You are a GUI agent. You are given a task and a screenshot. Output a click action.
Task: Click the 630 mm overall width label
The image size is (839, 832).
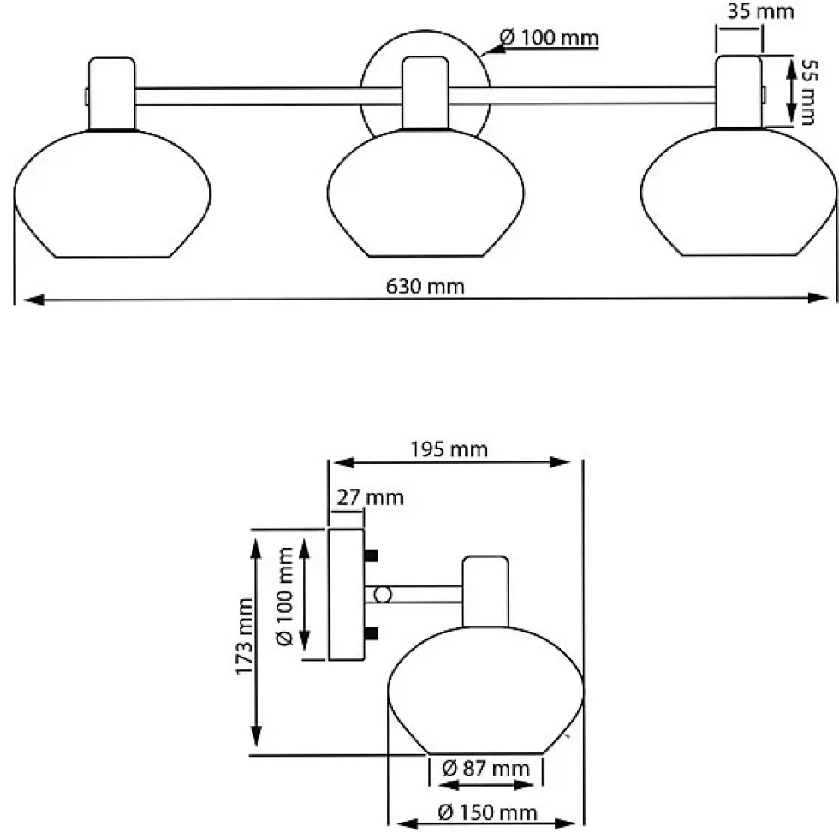425,287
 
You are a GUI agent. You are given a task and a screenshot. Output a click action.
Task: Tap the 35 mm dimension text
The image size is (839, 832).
760,11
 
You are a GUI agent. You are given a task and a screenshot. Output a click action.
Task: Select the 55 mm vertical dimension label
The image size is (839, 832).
808,92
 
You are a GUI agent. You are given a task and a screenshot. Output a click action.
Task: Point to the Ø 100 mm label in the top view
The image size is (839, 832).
549,38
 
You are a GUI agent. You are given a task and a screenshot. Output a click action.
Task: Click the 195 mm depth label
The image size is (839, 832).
449,449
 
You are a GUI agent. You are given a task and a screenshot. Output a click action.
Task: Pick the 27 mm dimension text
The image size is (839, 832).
370,497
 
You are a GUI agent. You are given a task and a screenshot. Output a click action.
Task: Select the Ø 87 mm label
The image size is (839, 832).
486,769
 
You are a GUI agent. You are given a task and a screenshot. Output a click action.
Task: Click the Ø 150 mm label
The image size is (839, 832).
487,812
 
